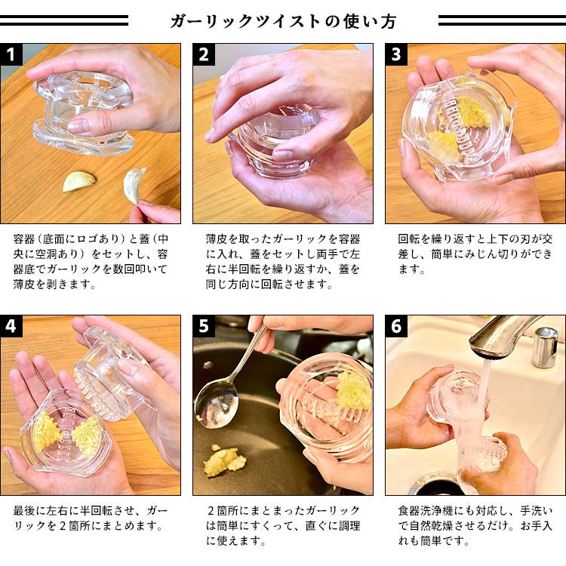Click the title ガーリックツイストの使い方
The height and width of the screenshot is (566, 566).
(x=282, y=21)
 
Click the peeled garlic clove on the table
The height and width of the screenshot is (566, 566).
(x=79, y=181)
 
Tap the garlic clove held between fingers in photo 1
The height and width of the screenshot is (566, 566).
(x=134, y=185)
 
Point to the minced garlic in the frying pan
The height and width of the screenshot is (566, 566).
(x=225, y=459)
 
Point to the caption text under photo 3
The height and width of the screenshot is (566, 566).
(x=475, y=254)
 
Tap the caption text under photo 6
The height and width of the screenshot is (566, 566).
(x=475, y=525)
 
